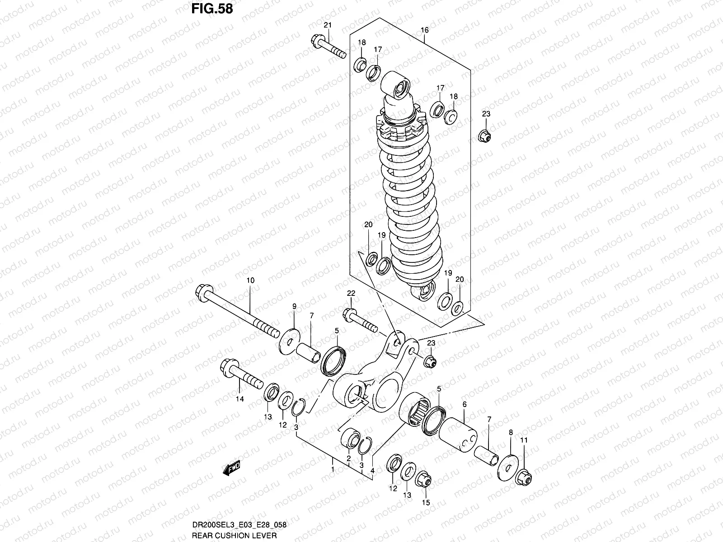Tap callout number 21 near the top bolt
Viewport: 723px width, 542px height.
click(x=328, y=25)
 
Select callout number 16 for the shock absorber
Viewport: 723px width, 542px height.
click(x=424, y=30)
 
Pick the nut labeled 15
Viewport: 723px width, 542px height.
click(x=423, y=480)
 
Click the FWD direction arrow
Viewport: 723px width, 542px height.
click(x=232, y=469)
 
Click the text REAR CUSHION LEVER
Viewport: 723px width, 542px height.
click(x=234, y=535)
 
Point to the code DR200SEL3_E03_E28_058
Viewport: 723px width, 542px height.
click(x=239, y=526)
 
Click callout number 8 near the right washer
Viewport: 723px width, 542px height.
click(x=511, y=432)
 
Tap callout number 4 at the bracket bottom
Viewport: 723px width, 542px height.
click(x=372, y=471)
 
